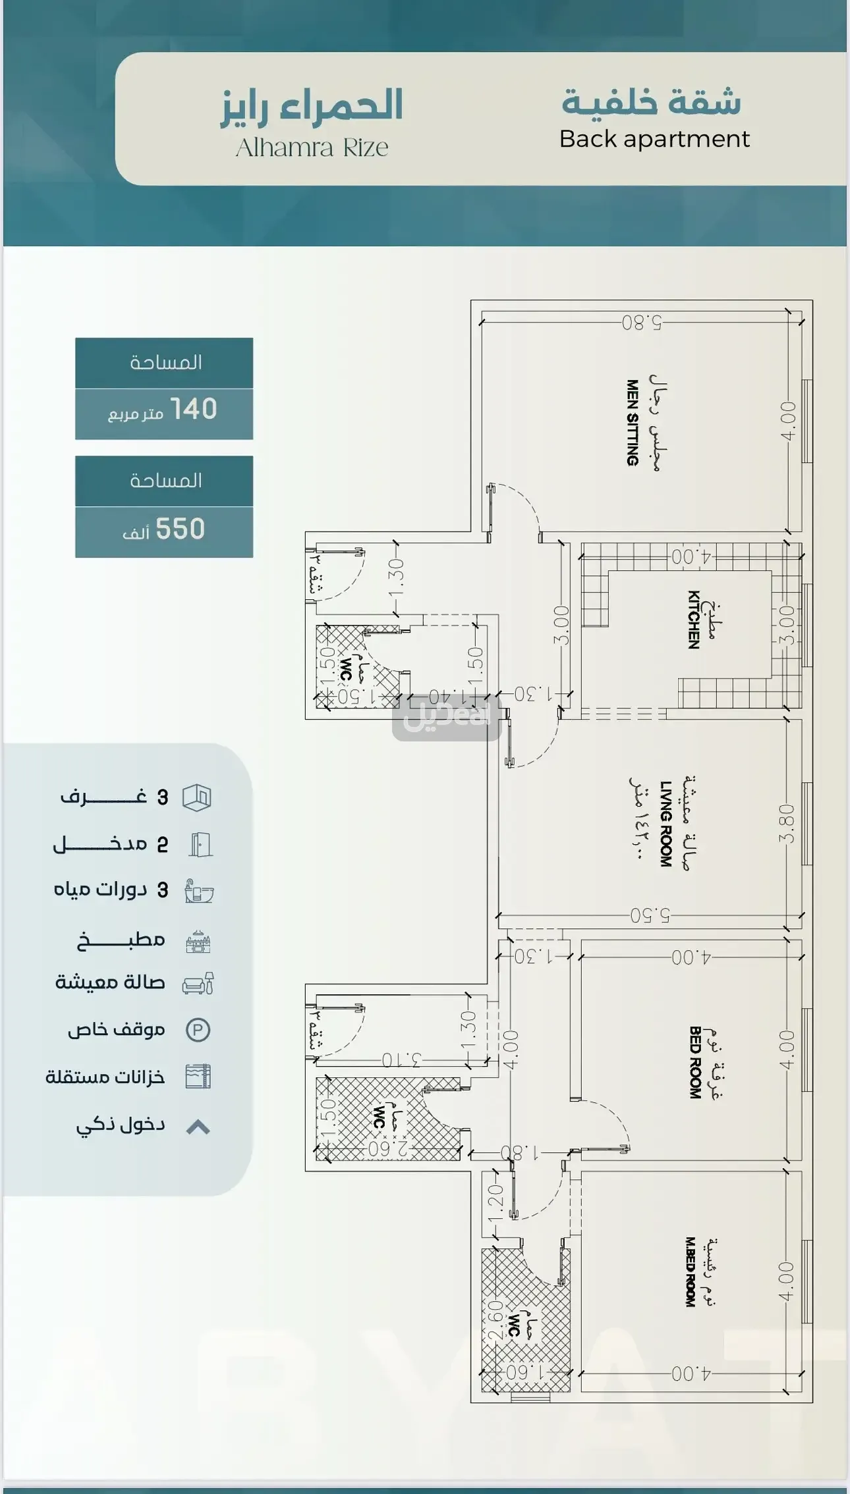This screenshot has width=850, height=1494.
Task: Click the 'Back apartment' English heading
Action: pos(654,139)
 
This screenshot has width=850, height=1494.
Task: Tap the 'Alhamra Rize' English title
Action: pos(312,147)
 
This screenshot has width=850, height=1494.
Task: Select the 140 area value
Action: pos(193,409)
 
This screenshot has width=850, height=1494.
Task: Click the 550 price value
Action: pos(180,529)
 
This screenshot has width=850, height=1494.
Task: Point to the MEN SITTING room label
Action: pos(633,423)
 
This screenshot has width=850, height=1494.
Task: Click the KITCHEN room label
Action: pos(693,620)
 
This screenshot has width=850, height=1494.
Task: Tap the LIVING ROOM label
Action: pos(666,824)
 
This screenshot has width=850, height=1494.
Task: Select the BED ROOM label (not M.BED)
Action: pos(694,1062)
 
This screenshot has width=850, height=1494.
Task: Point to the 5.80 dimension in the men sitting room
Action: pos(641,323)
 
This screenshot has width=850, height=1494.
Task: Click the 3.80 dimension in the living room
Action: pos(787,823)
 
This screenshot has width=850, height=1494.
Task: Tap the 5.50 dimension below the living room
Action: pos(650,915)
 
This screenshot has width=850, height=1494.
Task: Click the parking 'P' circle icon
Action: pos(198,1030)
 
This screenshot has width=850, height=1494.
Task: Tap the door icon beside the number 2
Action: pos(200,844)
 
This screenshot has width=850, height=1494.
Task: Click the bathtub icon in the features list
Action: pos(198,892)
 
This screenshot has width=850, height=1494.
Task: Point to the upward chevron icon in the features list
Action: pos(198,1127)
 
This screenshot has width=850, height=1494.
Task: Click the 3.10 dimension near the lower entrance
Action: pos(401,1060)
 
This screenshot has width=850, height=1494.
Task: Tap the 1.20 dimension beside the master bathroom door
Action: pos(496,1203)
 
